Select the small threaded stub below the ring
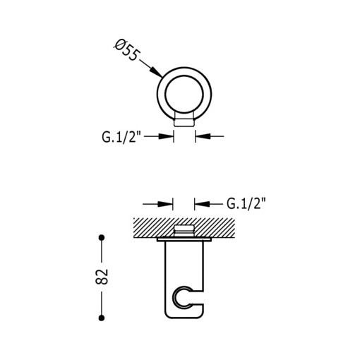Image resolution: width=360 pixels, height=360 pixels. click(184, 122)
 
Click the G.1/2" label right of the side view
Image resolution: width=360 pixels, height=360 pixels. click(246, 204)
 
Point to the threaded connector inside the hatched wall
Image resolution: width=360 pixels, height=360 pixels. click(184, 230)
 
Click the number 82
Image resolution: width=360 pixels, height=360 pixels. click(102, 277)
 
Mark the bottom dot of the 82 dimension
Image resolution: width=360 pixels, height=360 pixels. click(102, 314)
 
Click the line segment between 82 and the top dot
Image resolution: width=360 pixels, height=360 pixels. click(102, 252)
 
